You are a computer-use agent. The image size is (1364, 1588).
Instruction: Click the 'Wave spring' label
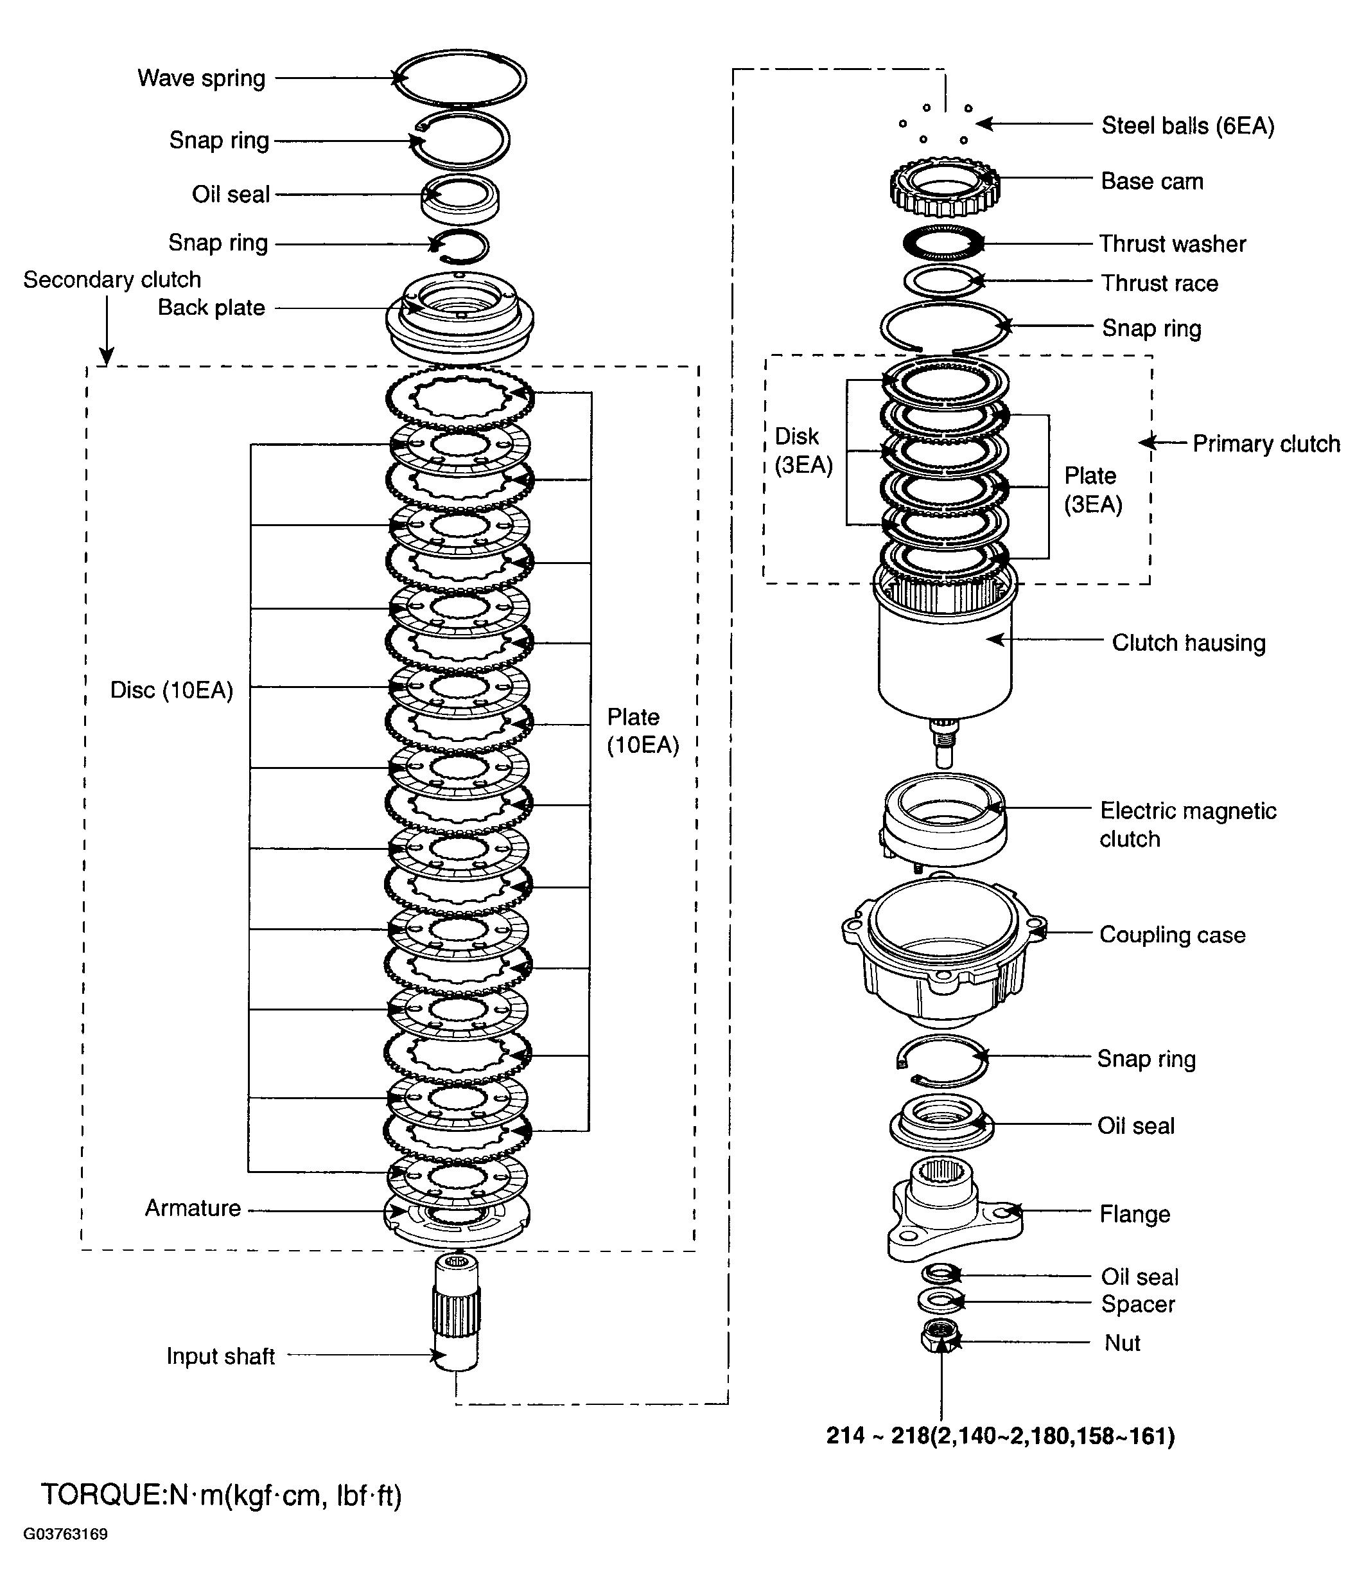pyautogui.click(x=202, y=79)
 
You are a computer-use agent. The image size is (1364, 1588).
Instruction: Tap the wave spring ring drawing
pyautogui.click(x=460, y=79)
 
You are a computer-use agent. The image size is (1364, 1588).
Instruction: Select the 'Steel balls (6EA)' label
pyautogui.click(x=1188, y=126)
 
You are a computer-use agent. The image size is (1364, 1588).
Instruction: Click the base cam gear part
pyautogui.click(x=945, y=186)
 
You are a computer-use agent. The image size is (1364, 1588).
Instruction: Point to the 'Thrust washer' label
pyautogui.click(x=1173, y=243)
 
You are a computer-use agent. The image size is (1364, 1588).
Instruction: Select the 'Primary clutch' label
pyautogui.click(x=1266, y=444)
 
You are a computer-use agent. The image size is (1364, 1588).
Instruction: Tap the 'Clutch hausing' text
pyautogui.click(x=1189, y=642)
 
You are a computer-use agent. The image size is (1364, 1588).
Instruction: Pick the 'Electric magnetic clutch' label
pyautogui.click(x=1188, y=825)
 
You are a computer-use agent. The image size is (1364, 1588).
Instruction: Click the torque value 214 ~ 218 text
pyautogui.click(x=1000, y=1436)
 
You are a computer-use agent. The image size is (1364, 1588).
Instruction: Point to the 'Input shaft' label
pyautogui.click(x=221, y=1356)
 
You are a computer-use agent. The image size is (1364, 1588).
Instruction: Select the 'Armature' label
pyautogui.click(x=193, y=1208)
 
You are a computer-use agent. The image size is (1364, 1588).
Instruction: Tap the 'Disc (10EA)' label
pyautogui.click(x=171, y=691)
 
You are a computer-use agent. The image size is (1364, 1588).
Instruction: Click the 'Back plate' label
pyautogui.click(x=211, y=307)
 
